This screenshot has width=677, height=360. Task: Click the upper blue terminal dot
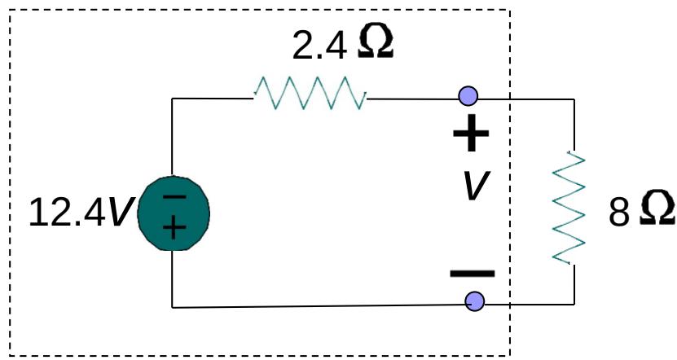[468, 97]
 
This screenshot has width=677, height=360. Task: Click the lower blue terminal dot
[474, 301]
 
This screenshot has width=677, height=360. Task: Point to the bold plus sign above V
[471, 135]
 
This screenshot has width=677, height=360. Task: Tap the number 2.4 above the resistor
[319, 47]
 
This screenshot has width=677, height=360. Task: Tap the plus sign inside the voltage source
[173, 227]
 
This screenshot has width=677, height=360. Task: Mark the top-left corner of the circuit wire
[173, 99]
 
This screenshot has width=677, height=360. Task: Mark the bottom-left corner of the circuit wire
[173, 307]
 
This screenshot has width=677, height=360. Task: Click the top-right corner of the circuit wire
[574, 99]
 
